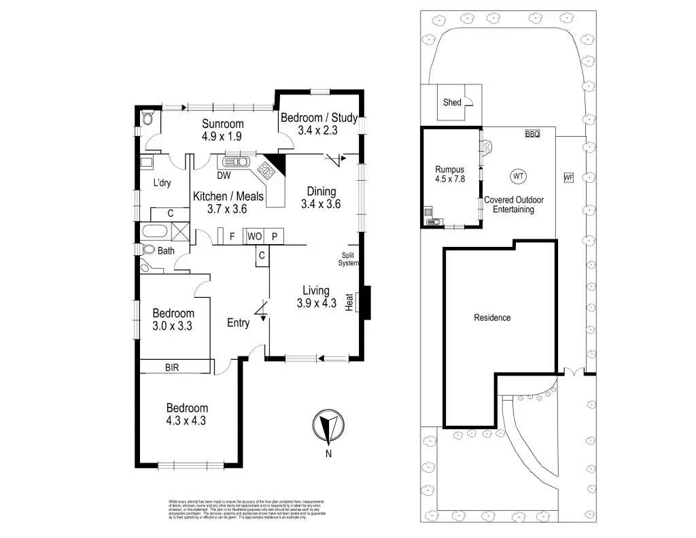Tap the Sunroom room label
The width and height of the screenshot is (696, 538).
click(x=222, y=124)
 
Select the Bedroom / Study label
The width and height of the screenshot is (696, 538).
click(x=319, y=118)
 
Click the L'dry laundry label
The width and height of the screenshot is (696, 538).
click(x=161, y=183)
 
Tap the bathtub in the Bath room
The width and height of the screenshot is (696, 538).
click(x=155, y=231)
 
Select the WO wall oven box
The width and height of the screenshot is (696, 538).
click(x=254, y=236)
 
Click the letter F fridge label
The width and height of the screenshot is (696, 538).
click(x=232, y=236)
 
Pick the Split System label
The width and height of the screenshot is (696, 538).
click(x=348, y=259)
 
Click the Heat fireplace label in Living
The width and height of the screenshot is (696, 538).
click(x=350, y=303)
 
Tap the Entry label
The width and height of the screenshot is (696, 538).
click(x=238, y=323)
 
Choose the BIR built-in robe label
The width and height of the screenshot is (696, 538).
click(x=173, y=367)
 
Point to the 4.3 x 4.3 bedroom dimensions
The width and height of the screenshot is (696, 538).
click(x=187, y=420)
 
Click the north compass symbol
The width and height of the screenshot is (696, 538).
click(x=329, y=426)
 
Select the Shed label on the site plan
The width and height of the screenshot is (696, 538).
click(x=452, y=103)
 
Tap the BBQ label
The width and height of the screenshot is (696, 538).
click(x=532, y=135)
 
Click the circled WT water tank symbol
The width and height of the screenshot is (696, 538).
click(x=519, y=176)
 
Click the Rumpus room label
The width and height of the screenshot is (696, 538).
click(x=450, y=170)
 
